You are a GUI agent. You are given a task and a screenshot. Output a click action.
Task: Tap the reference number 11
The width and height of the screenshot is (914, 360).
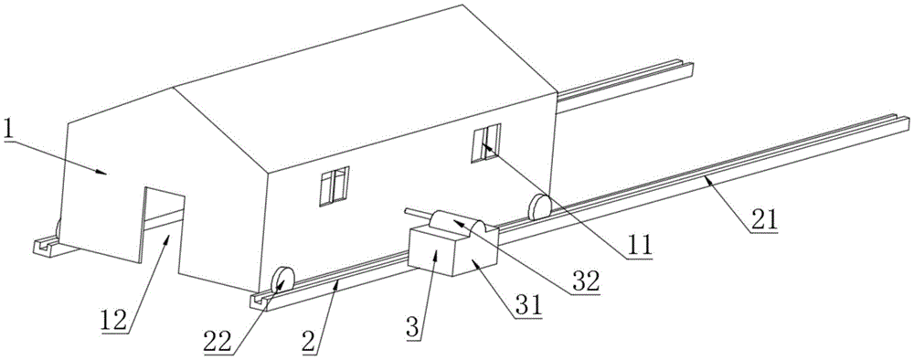click(641, 245)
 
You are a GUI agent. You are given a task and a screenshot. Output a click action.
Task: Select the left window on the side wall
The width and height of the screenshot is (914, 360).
click(334, 185)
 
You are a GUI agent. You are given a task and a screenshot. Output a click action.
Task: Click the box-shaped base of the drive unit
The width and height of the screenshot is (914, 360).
click(445, 249)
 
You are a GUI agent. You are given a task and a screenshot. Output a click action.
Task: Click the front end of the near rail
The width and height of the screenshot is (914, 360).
click(258, 296)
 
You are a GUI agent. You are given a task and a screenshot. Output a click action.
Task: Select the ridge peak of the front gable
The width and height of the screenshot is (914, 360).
click(173, 88)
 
